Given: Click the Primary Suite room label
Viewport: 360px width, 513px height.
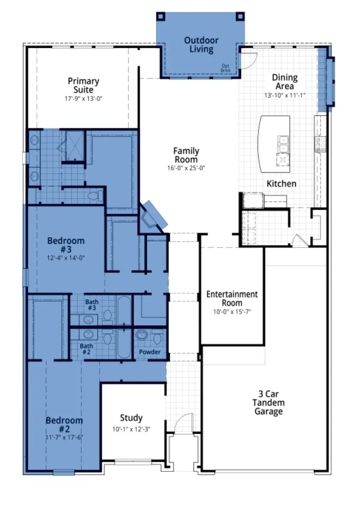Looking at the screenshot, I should point(83,85).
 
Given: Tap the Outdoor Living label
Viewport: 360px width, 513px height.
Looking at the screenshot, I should point(201,45).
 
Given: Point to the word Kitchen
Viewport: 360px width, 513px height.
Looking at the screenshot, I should point(281,184).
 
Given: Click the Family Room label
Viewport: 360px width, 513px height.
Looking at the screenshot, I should point(186,155).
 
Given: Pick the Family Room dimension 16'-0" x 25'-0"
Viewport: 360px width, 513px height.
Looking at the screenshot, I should point(186,168).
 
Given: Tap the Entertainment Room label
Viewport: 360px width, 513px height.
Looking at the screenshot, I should point(232,298).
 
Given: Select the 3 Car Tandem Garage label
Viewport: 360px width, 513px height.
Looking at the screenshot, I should point(268,402).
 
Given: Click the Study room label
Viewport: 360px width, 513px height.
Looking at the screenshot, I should point(131,418).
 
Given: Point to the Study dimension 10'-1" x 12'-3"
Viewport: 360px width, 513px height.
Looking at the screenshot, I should point(131,429).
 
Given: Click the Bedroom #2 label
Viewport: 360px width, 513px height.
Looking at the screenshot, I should point(64,424).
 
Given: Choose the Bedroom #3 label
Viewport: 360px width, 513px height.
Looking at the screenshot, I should point(66,245).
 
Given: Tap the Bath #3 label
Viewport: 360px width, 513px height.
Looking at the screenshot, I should point(92,305).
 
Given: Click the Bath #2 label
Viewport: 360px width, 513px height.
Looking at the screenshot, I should point(87,349).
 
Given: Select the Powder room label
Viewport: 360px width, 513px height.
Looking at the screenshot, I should point(150,352).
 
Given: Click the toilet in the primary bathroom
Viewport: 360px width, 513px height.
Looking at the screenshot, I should point(96,196).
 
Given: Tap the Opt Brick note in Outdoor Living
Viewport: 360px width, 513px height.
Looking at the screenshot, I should point(225,68).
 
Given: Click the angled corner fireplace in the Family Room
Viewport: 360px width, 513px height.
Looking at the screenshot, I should point(153,216).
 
